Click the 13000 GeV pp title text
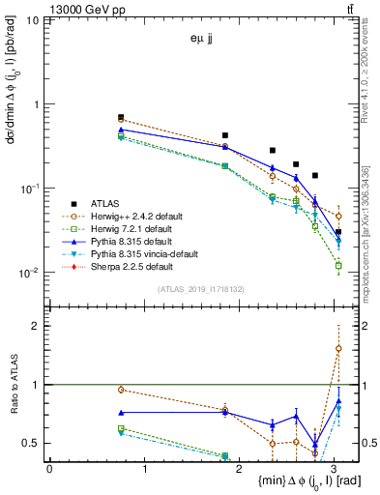(x=43, y=9)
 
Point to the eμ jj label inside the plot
(x=202, y=40)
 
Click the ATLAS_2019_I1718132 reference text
(x=194, y=289)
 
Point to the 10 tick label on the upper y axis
(x=32, y=20)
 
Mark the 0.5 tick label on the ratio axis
(x=30, y=443)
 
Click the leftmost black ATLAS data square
(x=121, y=117)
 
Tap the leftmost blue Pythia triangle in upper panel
(x=121, y=129)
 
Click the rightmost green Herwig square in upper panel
(x=338, y=264)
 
